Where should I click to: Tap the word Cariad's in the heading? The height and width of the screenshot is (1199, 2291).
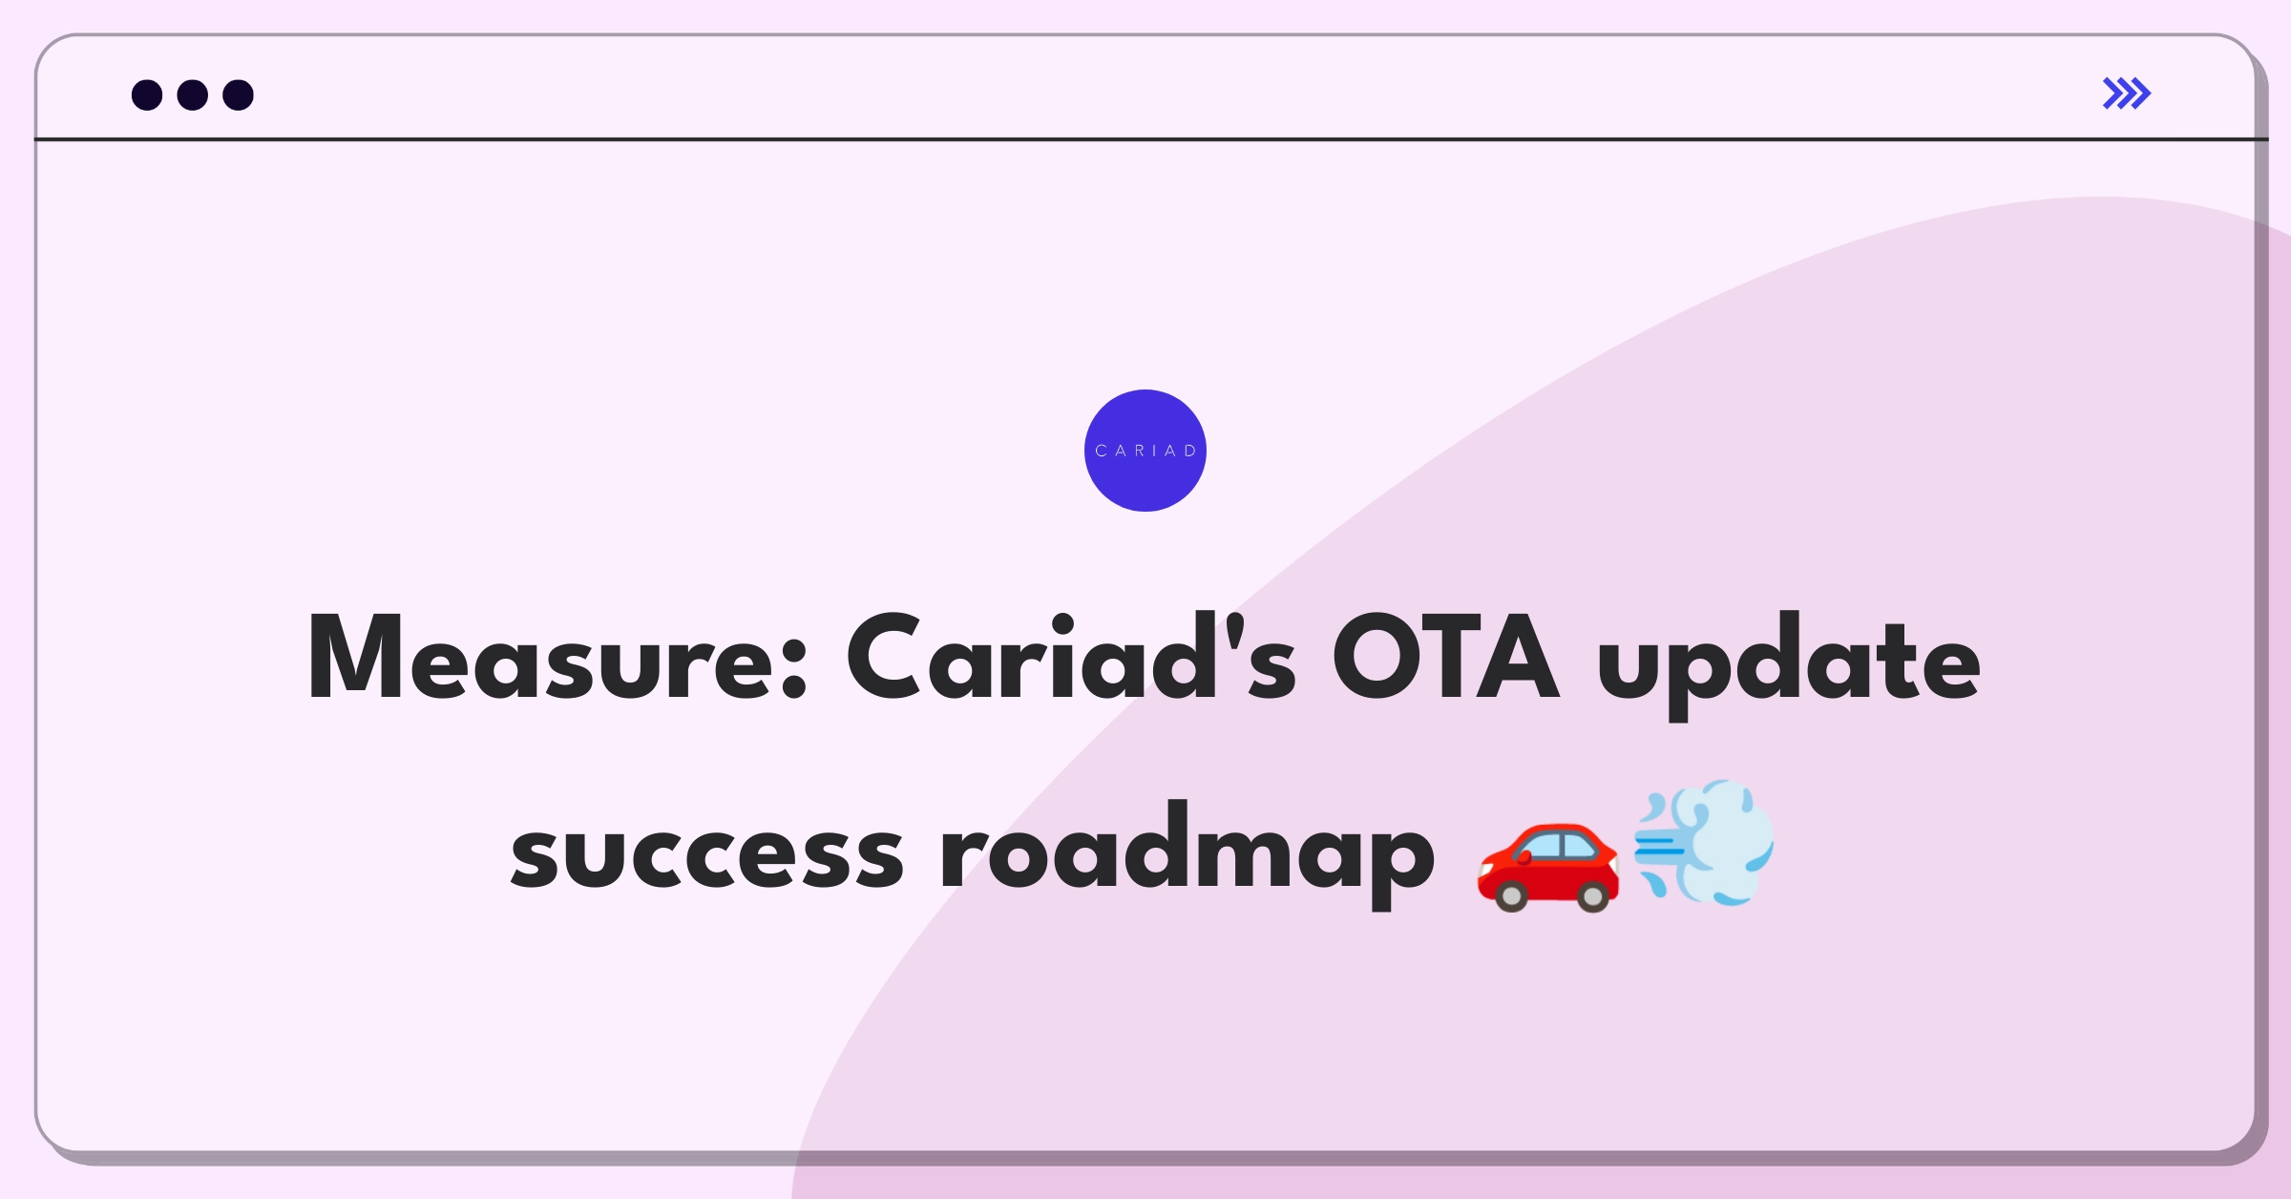pos(1071,656)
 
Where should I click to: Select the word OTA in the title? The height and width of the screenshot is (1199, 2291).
pos(1445,656)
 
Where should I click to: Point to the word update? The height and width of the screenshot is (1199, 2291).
pos(1789,665)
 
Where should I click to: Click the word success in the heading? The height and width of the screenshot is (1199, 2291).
pos(707,855)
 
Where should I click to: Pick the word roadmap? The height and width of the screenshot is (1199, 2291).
pos(1188,854)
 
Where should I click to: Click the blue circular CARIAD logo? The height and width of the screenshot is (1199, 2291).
pos(1145,451)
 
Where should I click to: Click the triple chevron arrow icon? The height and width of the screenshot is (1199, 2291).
pos(2127,94)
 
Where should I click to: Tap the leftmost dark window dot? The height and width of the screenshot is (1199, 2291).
pos(147,95)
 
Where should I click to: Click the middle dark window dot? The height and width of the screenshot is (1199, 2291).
pos(193,95)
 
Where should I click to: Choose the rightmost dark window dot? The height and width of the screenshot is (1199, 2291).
pos(239,95)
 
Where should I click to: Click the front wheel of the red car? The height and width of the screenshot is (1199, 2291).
pos(1511,895)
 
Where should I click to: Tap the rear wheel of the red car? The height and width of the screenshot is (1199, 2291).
pos(1592,895)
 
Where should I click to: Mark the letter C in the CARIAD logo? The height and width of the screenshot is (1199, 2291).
pos(1101,451)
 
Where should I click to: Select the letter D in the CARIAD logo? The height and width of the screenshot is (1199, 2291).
pos(1190,451)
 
